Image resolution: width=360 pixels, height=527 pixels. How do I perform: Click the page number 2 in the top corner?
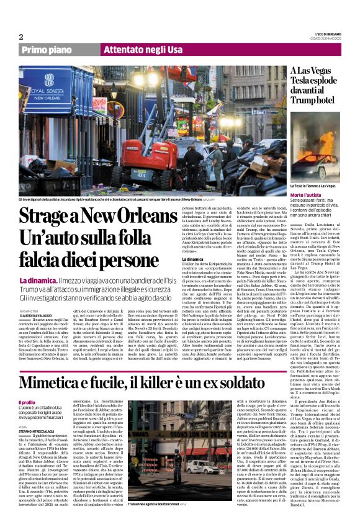[21, 37]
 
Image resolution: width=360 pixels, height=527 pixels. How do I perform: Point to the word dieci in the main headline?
[114, 261]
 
